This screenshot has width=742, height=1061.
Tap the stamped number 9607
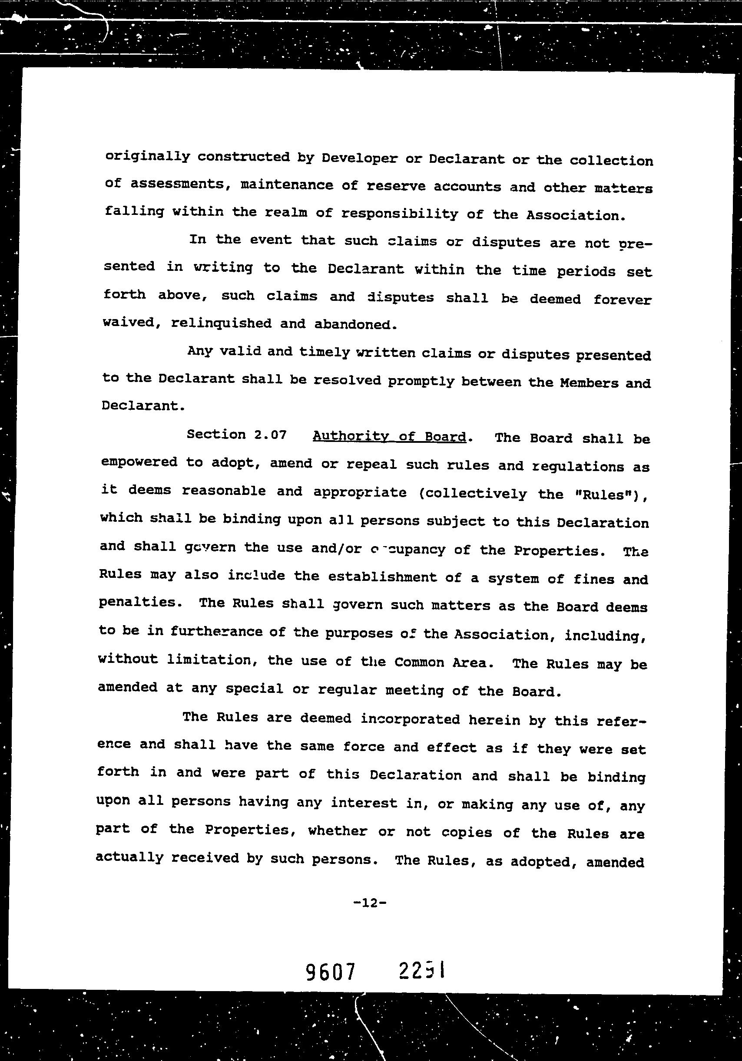pyautogui.click(x=331, y=972)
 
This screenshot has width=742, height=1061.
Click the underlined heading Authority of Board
pyautogui.click(x=389, y=436)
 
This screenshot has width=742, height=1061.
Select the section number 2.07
pyautogui.click(x=270, y=435)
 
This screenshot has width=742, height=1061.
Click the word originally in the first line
pyautogui.click(x=147, y=156)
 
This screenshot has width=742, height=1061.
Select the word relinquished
pyautogui.click(x=221, y=323)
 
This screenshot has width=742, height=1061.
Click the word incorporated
pyautogui.click(x=410, y=719)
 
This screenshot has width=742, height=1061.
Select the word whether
pyautogui.click(x=338, y=831)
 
